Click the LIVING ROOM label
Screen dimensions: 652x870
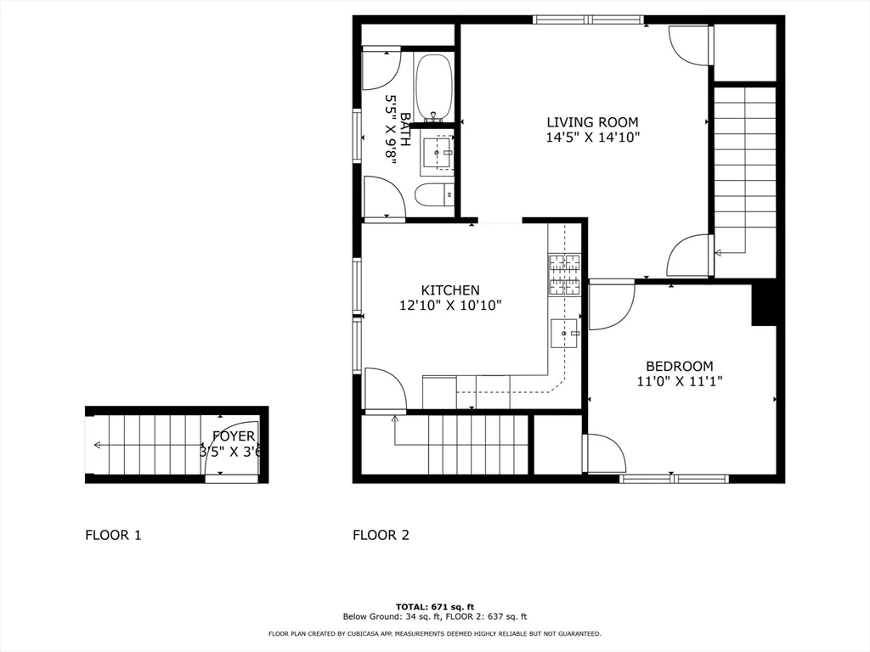[x=591, y=122]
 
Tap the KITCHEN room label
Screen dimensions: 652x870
[x=450, y=290]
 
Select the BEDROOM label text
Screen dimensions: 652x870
[x=675, y=367]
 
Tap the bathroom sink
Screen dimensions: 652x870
[x=438, y=154]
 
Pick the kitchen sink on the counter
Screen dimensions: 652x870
[x=564, y=334]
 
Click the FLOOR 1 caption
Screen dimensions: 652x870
[x=113, y=535]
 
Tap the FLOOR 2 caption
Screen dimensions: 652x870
[x=381, y=535]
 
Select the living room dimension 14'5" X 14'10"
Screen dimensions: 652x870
[x=591, y=137]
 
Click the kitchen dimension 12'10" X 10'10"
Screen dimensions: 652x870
[x=450, y=306]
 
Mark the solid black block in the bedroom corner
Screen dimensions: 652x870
[x=765, y=305]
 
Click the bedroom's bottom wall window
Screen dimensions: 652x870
[x=675, y=479]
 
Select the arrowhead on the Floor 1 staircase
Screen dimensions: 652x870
[x=98, y=445]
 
